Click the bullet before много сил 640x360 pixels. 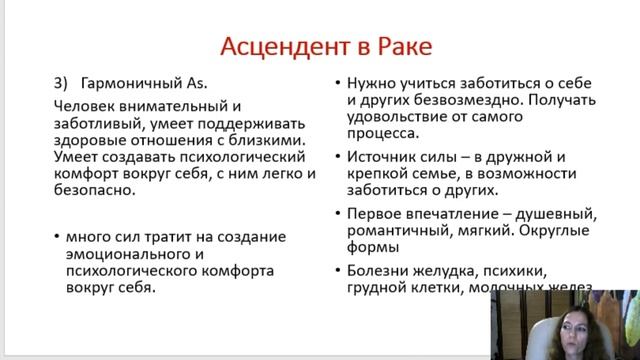(57, 236)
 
